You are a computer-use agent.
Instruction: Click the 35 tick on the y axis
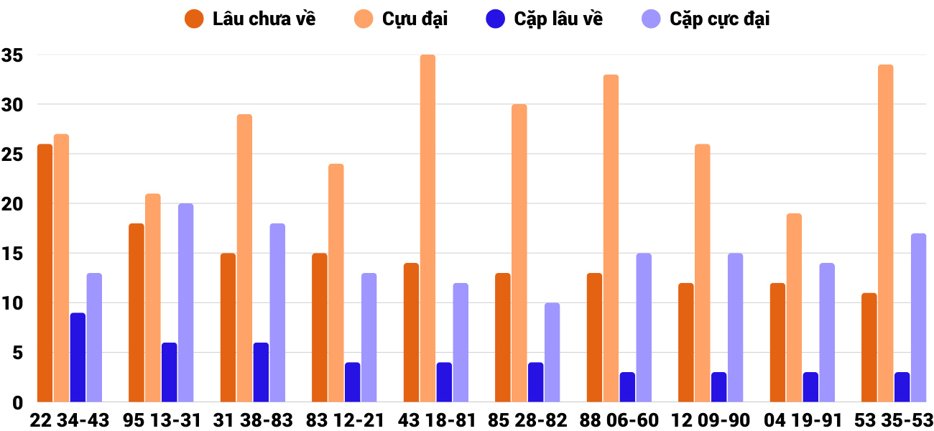(x=13, y=55)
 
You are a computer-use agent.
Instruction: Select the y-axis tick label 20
(x=13, y=204)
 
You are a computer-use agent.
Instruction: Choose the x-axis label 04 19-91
(x=802, y=420)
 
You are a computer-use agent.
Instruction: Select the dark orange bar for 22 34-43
(x=45, y=273)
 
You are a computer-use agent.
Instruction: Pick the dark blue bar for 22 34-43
(x=78, y=358)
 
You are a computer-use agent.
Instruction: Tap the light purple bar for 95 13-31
(x=185, y=302)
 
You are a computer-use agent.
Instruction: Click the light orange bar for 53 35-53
(x=885, y=233)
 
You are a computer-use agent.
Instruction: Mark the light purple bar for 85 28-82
(x=552, y=352)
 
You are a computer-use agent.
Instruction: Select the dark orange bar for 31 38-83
(x=228, y=328)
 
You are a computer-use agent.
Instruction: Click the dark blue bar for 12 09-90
(x=718, y=387)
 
